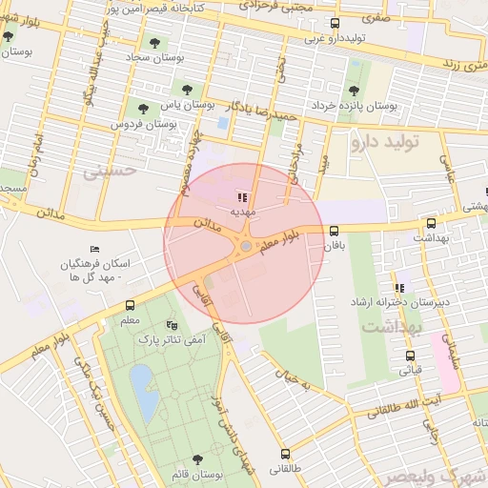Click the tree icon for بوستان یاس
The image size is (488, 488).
pos(186,90)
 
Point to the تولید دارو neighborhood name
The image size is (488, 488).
pos(392,144)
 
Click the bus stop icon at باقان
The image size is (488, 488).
pos(333,231)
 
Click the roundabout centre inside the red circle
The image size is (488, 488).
pos(246,247)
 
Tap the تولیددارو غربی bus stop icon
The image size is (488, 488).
pos(334,23)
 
